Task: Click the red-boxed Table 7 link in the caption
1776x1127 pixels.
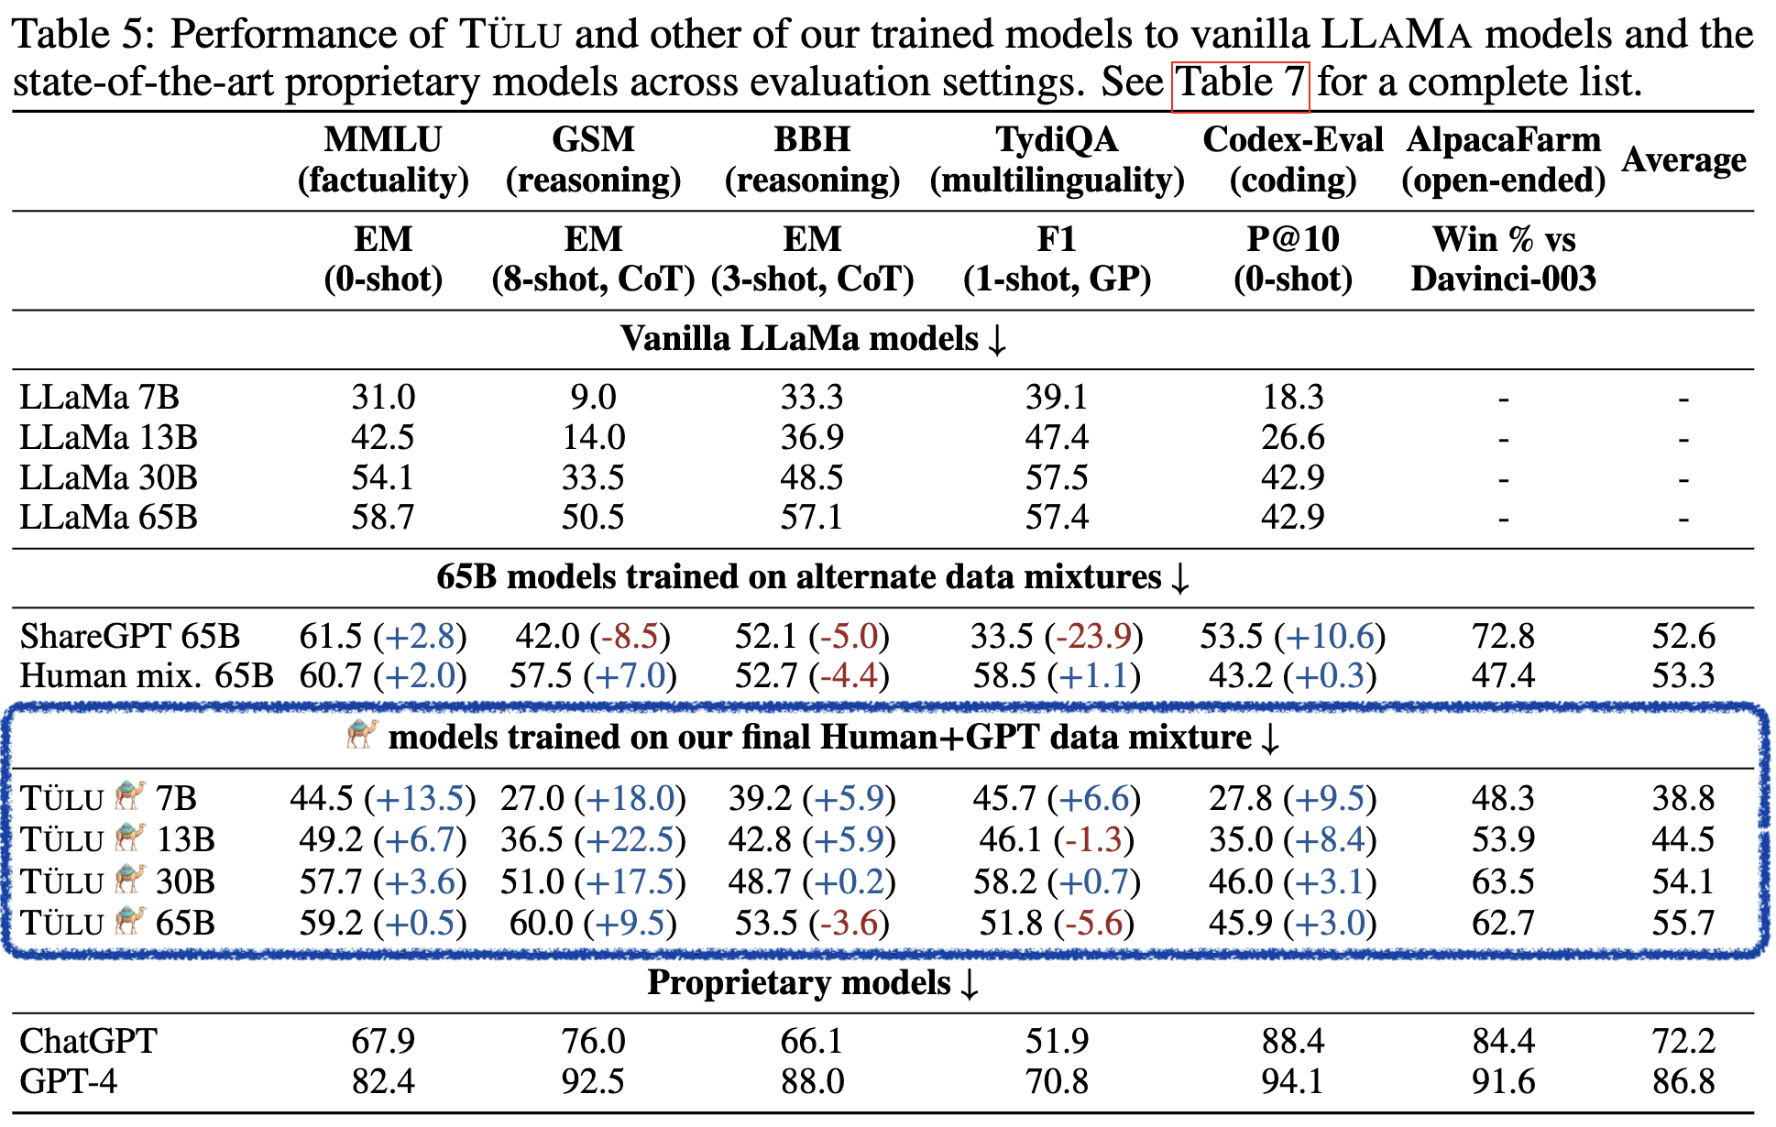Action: [1240, 83]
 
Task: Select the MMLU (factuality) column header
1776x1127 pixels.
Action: [383, 159]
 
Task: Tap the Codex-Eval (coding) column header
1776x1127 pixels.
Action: [1292, 159]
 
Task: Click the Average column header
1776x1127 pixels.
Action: [1683, 160]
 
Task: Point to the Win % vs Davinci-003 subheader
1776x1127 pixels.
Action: [1503, 258]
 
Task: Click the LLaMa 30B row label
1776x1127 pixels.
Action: [108, 477]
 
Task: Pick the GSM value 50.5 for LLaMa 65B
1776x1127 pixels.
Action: [593, 518]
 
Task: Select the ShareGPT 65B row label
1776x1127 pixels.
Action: [129, 636]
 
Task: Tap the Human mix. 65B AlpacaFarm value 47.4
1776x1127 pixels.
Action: [1503, 676]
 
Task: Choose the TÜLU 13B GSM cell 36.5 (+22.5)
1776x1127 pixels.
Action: [593, 839]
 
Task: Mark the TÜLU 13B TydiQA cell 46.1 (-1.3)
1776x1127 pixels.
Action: [1056, 839]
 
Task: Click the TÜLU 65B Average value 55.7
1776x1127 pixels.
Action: [1683, 923]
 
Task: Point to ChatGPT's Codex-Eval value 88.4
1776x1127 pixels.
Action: [1292, 1042]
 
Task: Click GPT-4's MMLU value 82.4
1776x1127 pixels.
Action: [383, 1082]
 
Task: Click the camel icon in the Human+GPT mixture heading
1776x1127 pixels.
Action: [362, 734]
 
